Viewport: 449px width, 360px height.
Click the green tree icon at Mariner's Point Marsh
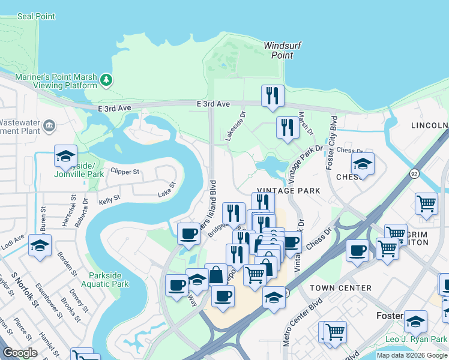106,79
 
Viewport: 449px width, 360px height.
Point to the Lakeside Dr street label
235,125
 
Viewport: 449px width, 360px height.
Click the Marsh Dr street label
306,123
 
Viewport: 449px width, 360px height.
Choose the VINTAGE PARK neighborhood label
289,190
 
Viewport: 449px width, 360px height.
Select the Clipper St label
124,172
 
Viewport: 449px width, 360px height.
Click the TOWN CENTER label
340,288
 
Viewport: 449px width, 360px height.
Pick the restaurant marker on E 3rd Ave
273,95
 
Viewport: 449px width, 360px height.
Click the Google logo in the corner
20,353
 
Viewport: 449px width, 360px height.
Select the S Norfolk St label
27,295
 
